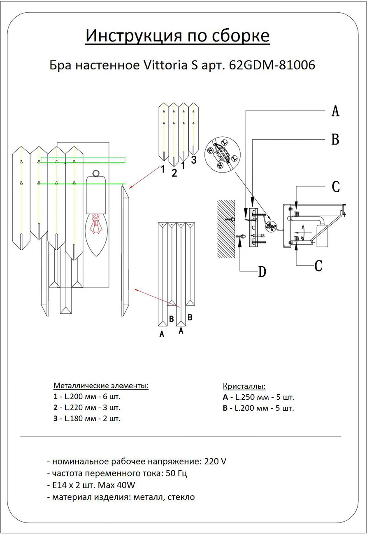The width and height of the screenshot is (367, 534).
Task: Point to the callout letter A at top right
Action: pos(335,111)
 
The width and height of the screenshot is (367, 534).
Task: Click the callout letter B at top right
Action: pos(335,140)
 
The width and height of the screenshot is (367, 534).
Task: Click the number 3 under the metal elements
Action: pos(194,160)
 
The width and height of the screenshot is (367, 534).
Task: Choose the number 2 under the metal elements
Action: pos(174,173)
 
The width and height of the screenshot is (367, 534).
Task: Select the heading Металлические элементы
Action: pos(101,386)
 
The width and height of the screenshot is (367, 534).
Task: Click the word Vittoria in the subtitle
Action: pos(165,65)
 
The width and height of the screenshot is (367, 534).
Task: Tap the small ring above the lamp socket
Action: pos(96,173)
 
